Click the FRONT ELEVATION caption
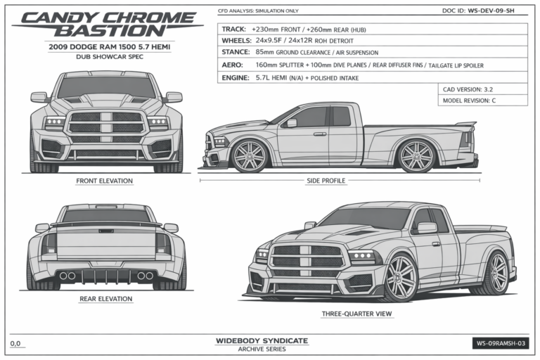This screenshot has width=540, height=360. point(104,181)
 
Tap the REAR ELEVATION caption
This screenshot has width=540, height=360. point(105,299)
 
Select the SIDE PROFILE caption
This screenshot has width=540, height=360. point(326,181)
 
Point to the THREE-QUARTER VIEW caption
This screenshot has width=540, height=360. point(356,314)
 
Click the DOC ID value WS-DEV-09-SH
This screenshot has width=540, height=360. point(491,11)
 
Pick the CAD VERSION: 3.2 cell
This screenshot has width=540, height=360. point(482,89)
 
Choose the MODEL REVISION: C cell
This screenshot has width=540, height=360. point(482,101)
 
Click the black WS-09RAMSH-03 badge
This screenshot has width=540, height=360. point(501,343)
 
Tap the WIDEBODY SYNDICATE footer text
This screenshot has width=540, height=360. point(262,341)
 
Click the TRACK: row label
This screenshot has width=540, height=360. point(234,30)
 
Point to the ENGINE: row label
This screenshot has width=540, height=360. point(236,78)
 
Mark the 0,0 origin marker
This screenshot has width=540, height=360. point(15,343)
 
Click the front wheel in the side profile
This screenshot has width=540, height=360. point(250,156)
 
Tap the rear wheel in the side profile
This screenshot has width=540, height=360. point(417,156)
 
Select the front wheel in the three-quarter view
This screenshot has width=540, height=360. point(400,278)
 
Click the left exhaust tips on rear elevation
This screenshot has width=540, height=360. point(67,276)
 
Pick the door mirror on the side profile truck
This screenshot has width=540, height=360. point(291,123)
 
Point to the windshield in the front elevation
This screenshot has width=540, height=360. point(106,87)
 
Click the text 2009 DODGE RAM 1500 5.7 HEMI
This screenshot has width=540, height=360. point(110,47)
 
